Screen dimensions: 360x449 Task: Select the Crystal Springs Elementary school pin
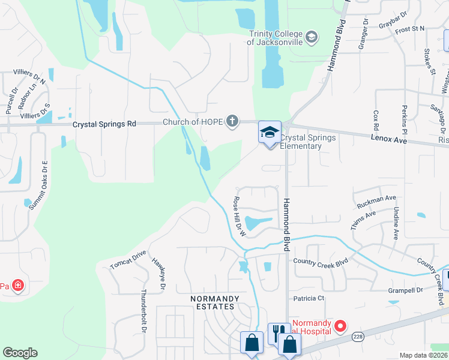270,133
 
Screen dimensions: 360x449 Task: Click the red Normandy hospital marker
340,327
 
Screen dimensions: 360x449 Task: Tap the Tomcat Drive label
128,259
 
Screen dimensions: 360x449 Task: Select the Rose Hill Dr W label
239,217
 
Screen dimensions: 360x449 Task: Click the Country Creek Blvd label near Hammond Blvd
321,261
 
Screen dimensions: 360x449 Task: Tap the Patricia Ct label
309,298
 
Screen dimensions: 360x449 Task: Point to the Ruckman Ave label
376,201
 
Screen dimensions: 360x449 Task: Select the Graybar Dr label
394,25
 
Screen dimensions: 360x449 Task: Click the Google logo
20,353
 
